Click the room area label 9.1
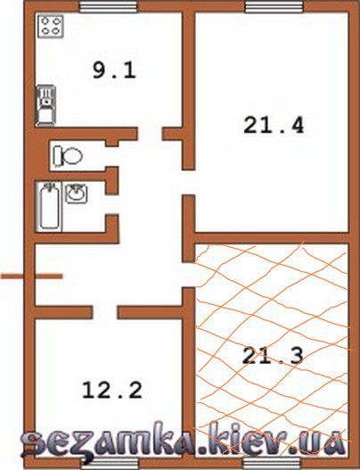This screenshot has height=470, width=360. tap(114, 71)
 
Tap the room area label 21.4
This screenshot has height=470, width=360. tap(274, 125)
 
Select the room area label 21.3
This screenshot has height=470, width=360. tap(273, 356)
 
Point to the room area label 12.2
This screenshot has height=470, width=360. tap(111, 390)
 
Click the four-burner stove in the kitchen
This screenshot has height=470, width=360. tap(51, 27)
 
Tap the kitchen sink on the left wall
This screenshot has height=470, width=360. tap(45, 105)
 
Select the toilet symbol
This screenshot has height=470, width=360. tap(68, 156)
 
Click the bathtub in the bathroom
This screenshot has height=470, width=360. tap(49, 207)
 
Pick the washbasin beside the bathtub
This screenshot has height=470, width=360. tap(77, 194)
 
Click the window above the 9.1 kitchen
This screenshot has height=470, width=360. tap(109, 6)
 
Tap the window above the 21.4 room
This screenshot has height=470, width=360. tap(274, 6)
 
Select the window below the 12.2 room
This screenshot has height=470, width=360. tap(110, 463)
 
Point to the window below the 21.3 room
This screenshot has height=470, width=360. tap(272, 463)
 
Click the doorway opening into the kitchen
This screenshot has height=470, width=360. tap(150, 134)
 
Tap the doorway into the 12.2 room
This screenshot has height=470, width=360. tap(105, 312)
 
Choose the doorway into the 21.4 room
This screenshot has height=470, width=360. tap(189, 182)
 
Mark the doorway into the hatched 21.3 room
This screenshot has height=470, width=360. tap(189, 275)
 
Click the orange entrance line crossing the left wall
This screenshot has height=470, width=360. tap(31, 276)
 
